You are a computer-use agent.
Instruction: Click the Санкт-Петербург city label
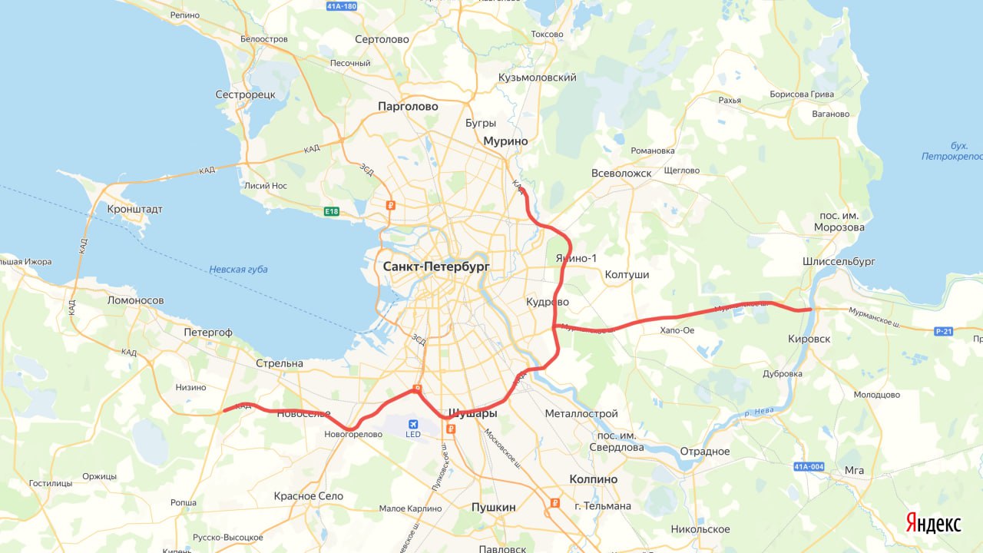pyautogui.click(x=435, y=267)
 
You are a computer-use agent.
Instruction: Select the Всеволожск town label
pyautogui.click(x=621, y=174)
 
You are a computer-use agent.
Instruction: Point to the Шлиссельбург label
pyautogui.click(x=839, y=261)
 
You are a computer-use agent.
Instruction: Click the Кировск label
pyautogui.click(x=809, y=339)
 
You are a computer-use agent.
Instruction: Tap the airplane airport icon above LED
pyautogui.click(x=414, y=423)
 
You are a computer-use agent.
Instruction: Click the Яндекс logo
pyautogui.click(x=933, y=523)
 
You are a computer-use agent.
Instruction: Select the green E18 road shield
pyautogui.click(x=331, y=211)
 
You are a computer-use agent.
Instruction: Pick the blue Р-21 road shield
pyautogui.click(x=943, y=331)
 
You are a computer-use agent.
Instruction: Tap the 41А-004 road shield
pyautogui.click(x=809, y=466)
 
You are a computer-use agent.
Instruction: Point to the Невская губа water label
pyautogui.click(x=238, y=270)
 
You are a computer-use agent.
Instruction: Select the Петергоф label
pyautogui.click(x=207, y=333)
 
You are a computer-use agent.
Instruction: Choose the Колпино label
pyautogui.click(x=593, y=479)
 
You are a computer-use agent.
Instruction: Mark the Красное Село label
pyautogui.click(x=308, y=496)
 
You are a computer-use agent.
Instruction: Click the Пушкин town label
pyautogui.click(x=493, y=507)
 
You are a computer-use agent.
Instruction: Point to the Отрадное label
pyautogui.click(x=705, y=452)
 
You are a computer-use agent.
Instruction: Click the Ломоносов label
pyautogui.click(x=136, y=300)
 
